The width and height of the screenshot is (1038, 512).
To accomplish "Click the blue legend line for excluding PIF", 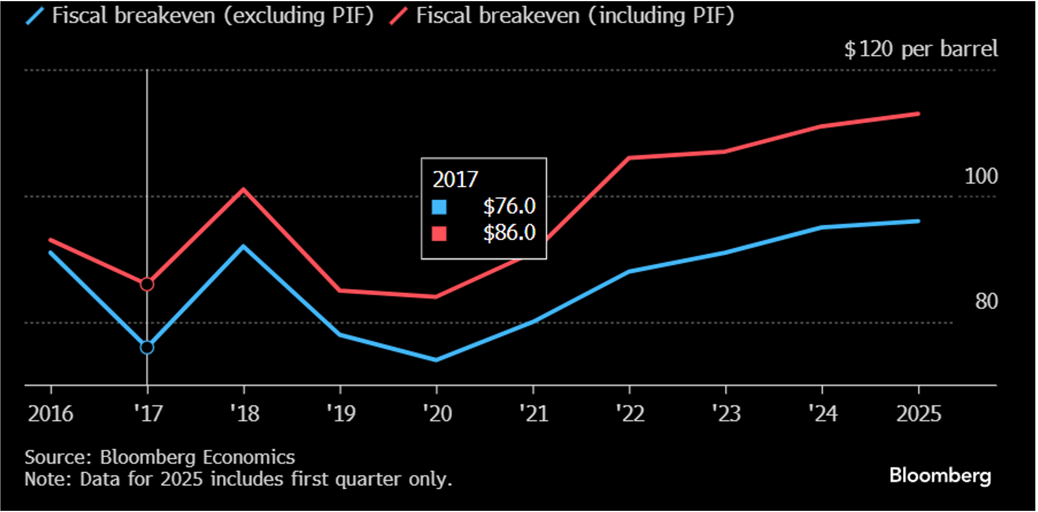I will click(35, 16).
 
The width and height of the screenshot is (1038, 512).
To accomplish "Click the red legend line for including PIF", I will click(398, 16).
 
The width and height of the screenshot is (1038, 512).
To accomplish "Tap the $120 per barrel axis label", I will click(920, 49).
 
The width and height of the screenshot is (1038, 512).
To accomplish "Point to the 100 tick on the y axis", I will click(981, 177).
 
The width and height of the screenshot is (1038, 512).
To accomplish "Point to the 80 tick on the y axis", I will click(986, 301).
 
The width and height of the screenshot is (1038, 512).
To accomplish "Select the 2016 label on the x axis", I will click(50, 414).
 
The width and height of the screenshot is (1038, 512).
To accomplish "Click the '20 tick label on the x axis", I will click(437, 414).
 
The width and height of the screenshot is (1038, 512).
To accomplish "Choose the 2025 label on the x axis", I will click(918, 414).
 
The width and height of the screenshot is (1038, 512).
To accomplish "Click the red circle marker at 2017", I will click(147, 284).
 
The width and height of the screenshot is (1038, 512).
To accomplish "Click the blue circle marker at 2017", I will click(147, 347).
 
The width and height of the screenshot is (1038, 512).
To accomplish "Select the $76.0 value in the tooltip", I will click(509, 206).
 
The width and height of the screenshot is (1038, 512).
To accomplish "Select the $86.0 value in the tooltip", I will click(509, 233).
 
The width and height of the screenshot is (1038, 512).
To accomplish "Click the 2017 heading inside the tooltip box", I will click(455, 179).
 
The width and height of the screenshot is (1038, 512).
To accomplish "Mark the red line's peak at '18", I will click(243, 189).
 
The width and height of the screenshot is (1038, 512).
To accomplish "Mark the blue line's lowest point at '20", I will click(436, 360).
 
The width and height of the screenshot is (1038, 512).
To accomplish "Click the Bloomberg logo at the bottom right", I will click(940, 476).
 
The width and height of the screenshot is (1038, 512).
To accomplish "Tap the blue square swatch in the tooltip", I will click(439, 207).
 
